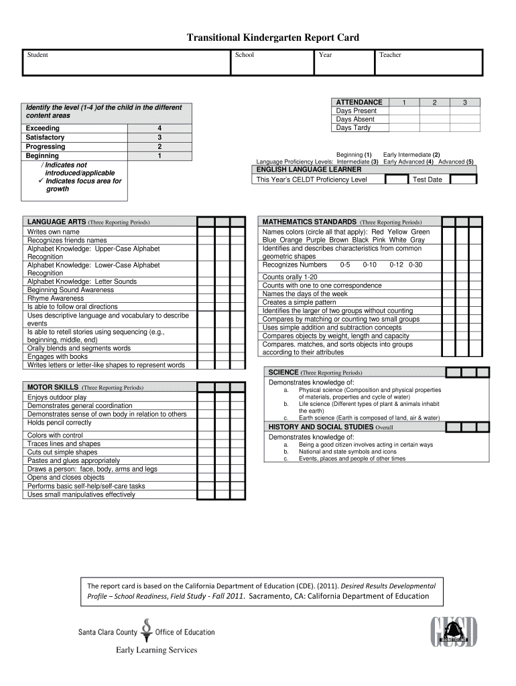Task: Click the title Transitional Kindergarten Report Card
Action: [x=273, y=38]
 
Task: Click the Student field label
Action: [x=37, y=55]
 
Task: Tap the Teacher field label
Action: [x=390, y=55]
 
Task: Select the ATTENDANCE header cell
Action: [x=359, y=102]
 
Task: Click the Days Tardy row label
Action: [x=353, y=127]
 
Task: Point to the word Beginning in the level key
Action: [x=42, y=156]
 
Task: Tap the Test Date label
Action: [x=428, y=180]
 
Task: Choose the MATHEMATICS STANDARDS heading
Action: [x=310, y=222]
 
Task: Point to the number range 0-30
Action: [x=415, y=265]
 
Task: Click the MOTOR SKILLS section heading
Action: [x=52, y=387]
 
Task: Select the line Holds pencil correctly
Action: [x=60, y=423]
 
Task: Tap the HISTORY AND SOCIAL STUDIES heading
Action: [x=320, y=427]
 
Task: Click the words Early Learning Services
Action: [x=157, y=649]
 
